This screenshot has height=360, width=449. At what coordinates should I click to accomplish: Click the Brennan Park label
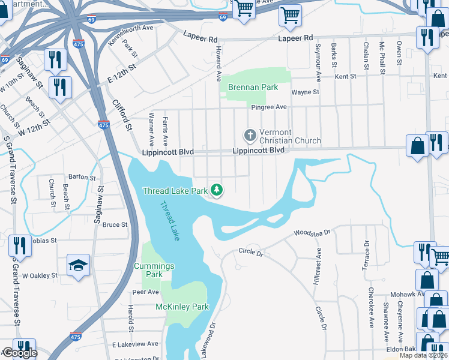pos(253,87)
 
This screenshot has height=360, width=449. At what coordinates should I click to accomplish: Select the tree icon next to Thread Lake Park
pos(217,191)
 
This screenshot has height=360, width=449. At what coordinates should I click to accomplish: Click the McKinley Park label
pos(182,307)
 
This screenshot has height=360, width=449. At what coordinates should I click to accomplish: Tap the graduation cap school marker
pos(78,266)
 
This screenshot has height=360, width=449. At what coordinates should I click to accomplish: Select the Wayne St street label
pos(305,92)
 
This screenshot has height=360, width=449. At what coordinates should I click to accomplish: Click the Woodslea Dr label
pos(312,233)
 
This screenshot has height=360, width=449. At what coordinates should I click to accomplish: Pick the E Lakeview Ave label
pos(134,344)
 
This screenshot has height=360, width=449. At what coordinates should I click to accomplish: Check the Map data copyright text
pos(423,355)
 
